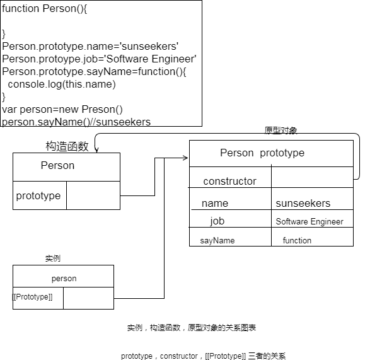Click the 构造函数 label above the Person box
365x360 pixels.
point(67,146)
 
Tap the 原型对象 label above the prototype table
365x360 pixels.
point(281,131)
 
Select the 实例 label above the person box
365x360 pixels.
point(53,258)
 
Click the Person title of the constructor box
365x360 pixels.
point(57,166)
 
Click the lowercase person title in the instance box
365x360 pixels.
point(64,279)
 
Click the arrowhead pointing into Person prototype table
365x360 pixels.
point(186,158)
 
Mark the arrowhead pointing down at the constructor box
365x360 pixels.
point(96,150)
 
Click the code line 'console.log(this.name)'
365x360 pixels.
point(62,84)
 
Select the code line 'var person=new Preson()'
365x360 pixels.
point(62,110)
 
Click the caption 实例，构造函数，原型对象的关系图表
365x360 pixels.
point(192,328)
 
